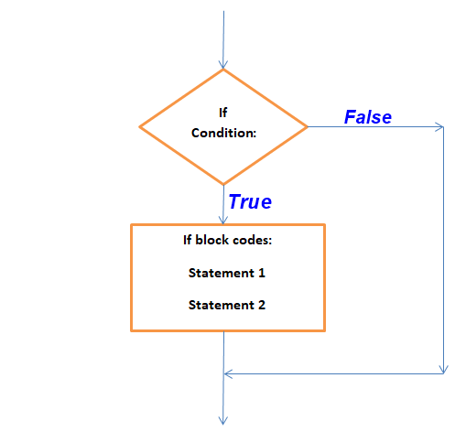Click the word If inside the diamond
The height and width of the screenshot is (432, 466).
tap(222, 113)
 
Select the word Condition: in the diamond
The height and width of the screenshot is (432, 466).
tap(223, 133)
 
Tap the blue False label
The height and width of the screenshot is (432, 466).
tap(367, 117)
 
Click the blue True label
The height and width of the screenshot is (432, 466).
tap(249, 201)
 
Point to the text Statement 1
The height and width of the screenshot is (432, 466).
tap(227, 273)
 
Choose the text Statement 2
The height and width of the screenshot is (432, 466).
tap(227, 305)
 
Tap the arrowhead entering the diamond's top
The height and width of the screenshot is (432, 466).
tap(222, 64)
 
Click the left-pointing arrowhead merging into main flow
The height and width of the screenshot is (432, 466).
tap(229, 373)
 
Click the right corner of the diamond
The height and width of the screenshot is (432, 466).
tap(307, 126)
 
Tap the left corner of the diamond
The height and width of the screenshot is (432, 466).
tap(139, 126)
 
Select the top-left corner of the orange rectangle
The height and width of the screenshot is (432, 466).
tap(132, 225)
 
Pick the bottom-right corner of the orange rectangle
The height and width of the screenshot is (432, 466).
tap(324, 329)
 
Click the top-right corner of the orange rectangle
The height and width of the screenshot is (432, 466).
tap(324, 225)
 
